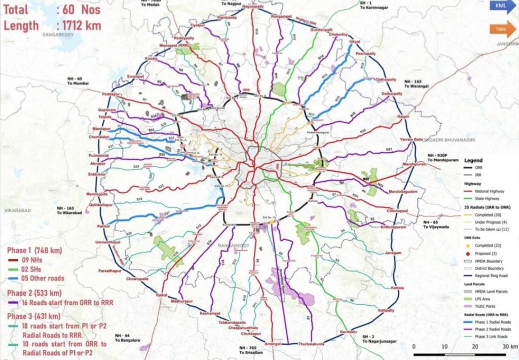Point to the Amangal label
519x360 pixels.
tap(273, 343)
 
